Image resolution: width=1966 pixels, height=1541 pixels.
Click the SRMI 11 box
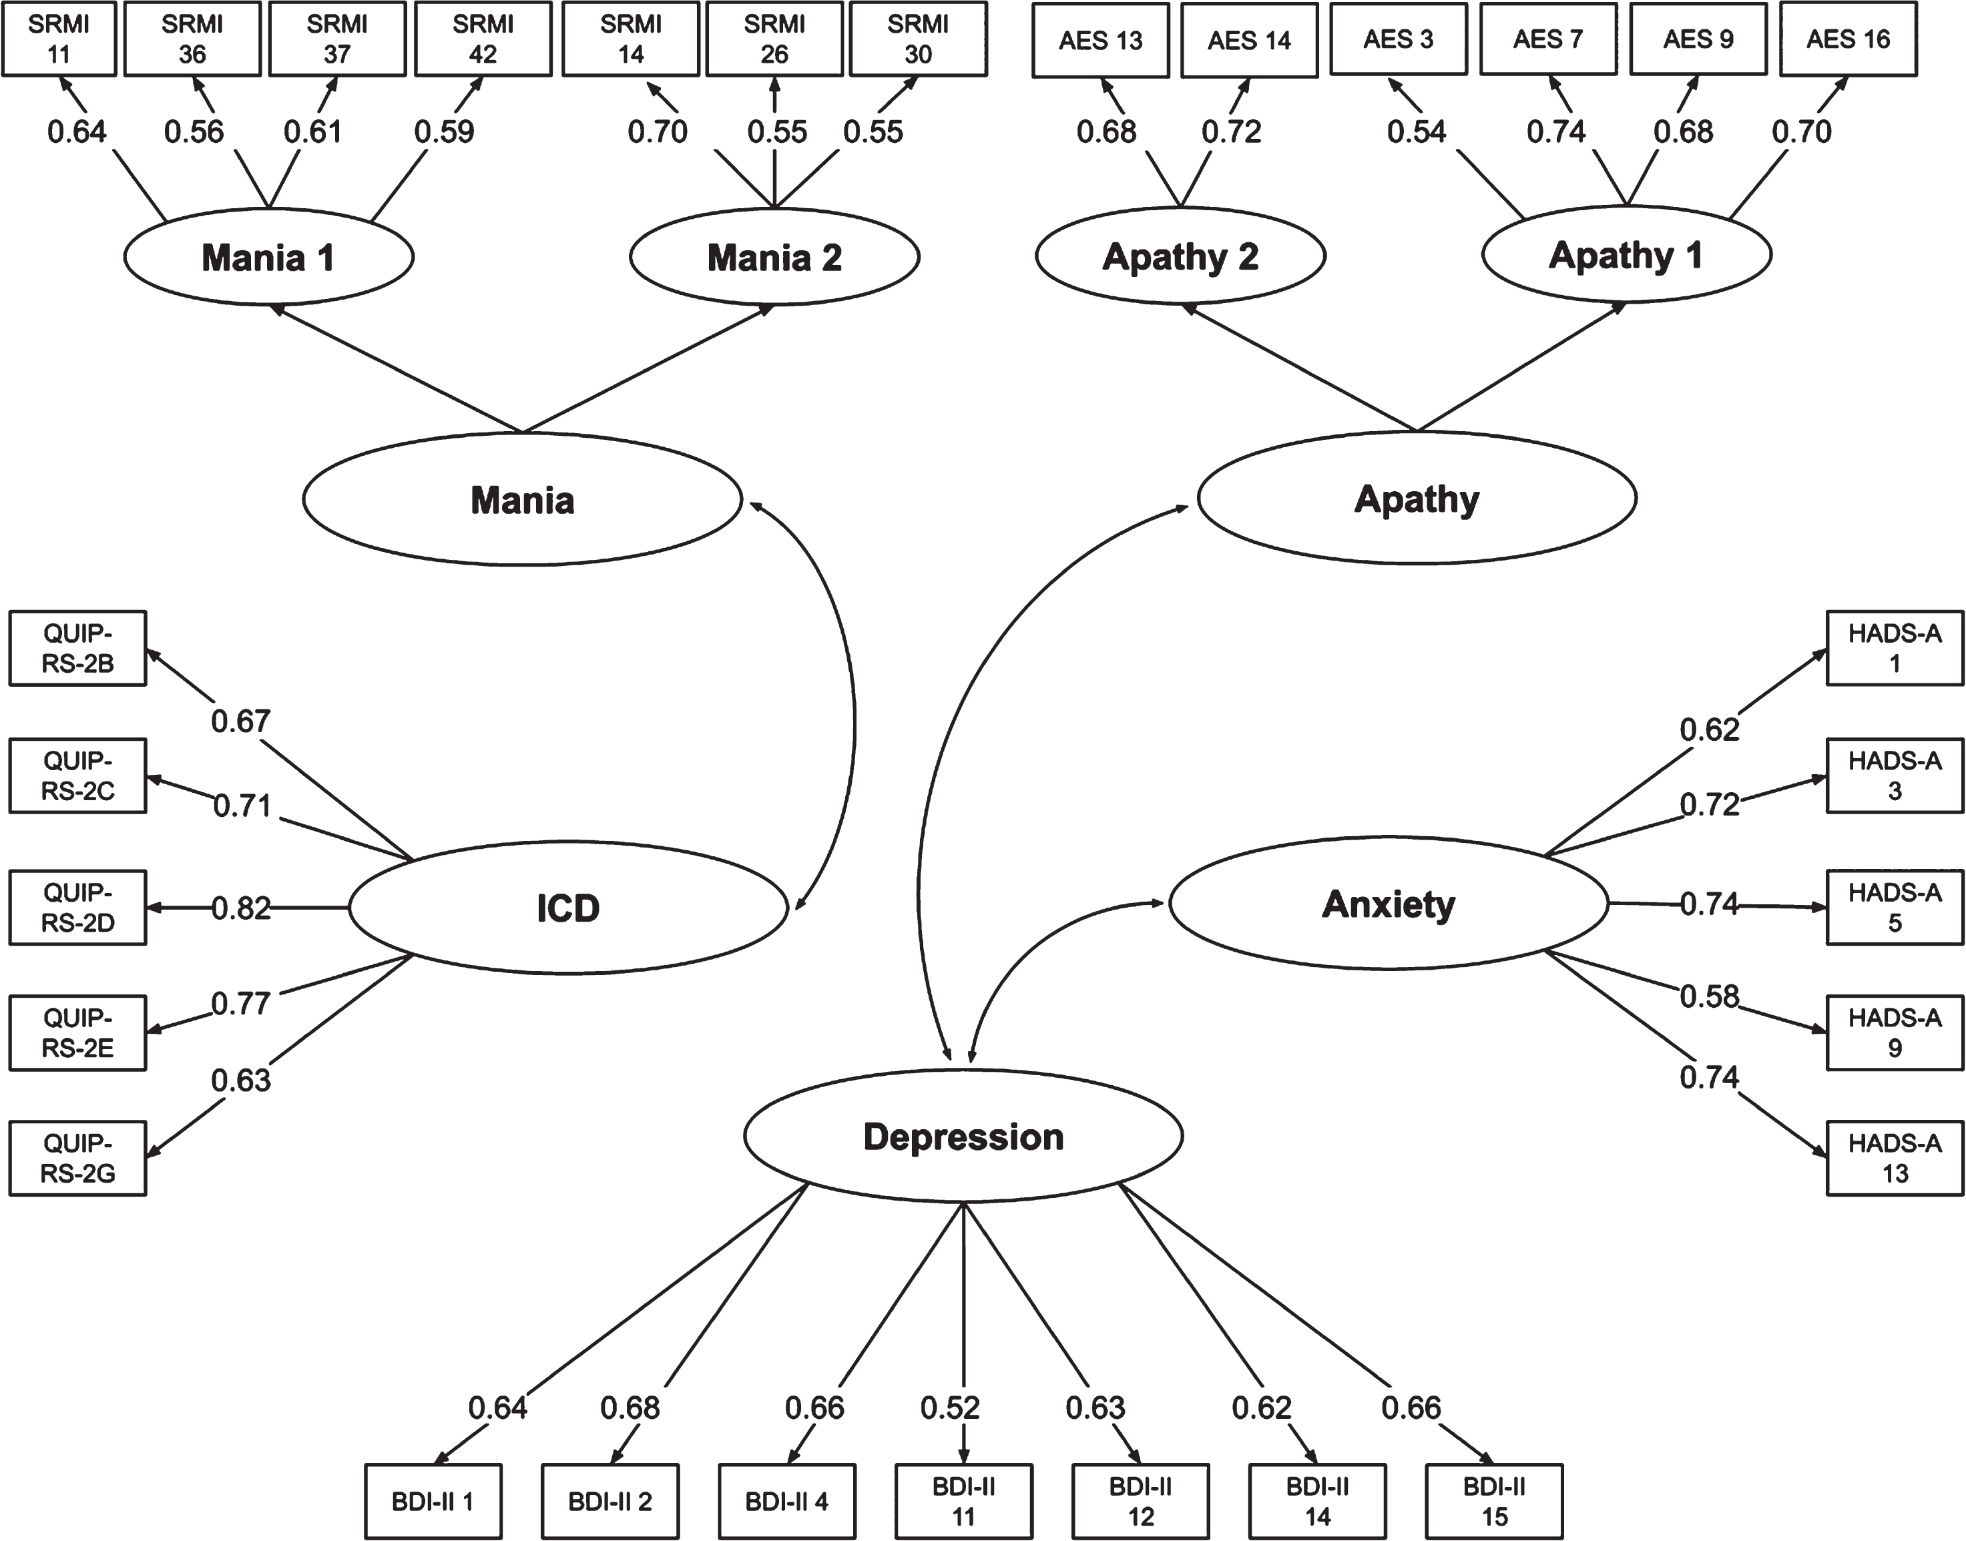pos(59,39)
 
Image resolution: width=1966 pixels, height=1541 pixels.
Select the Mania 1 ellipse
pos(269,257)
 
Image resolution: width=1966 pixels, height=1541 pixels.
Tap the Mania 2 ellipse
pos(774,257)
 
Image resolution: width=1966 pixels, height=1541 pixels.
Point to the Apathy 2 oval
pos(1180,256)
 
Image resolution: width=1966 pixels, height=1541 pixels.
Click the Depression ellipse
pos(963,1136)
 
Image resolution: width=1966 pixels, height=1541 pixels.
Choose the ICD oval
pos(568,908)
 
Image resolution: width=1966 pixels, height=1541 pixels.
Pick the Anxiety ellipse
pos(1389,903)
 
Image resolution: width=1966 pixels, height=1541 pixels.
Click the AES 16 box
pos(1848,39)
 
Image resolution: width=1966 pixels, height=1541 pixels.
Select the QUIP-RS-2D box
pos(77,908)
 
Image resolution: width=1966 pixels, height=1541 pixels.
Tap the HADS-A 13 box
pos(1895,1159)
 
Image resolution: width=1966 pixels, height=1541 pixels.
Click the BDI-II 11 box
pos(963,1502)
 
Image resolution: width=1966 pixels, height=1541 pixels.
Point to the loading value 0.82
pos(241,908)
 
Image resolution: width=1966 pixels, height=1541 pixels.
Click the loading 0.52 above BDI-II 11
pos(950,1407)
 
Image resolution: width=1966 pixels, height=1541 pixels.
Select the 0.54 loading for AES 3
pos(1417,131)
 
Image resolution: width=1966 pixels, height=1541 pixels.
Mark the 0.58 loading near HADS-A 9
pos(1709,996)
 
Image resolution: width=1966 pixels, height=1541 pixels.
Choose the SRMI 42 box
pos(483,39)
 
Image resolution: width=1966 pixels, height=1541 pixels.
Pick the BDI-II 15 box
pos(1494,1502)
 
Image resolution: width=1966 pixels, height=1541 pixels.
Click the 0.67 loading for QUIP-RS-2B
pos(241,721)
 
